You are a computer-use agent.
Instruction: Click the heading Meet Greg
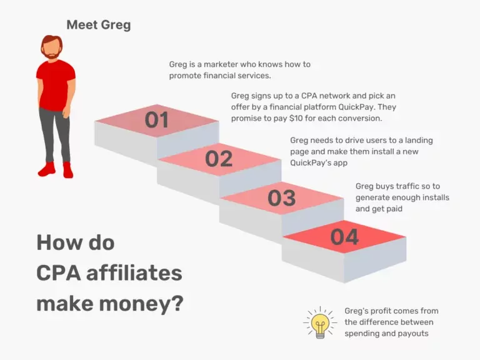point(98,26)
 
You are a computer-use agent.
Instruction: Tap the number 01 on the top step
point(157,119)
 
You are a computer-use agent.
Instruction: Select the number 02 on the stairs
point(219,159)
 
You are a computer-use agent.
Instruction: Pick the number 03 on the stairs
point(281,198)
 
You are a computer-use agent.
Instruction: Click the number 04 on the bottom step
point(344,237)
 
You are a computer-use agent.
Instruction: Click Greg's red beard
point(53,55)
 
